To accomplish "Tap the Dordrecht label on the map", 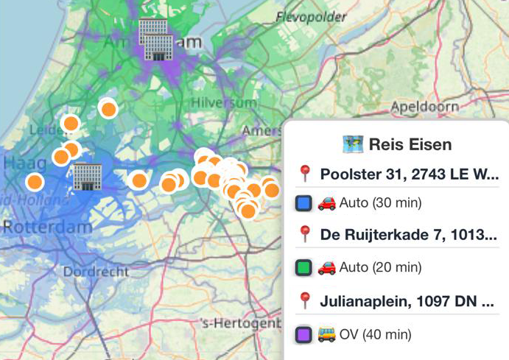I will (96, 272).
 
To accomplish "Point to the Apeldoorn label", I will (425, 107).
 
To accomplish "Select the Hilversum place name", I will (217, 102).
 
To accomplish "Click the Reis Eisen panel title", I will (410, 144).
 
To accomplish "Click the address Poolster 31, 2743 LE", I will (409, 175).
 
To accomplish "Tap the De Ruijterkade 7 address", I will (409, 236).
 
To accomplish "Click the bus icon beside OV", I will (326, 334).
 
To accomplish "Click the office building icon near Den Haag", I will (87, 177).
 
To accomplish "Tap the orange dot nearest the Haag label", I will (35, 181).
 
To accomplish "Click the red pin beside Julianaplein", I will (305, 300).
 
